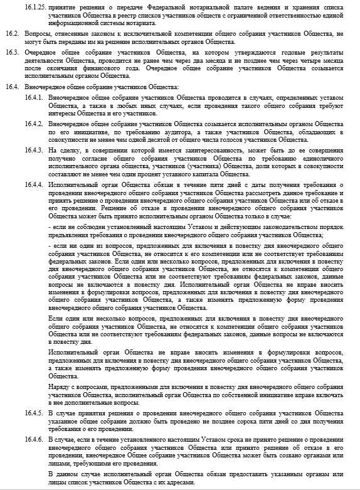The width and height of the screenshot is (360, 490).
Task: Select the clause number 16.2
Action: [x=11, y=31]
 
